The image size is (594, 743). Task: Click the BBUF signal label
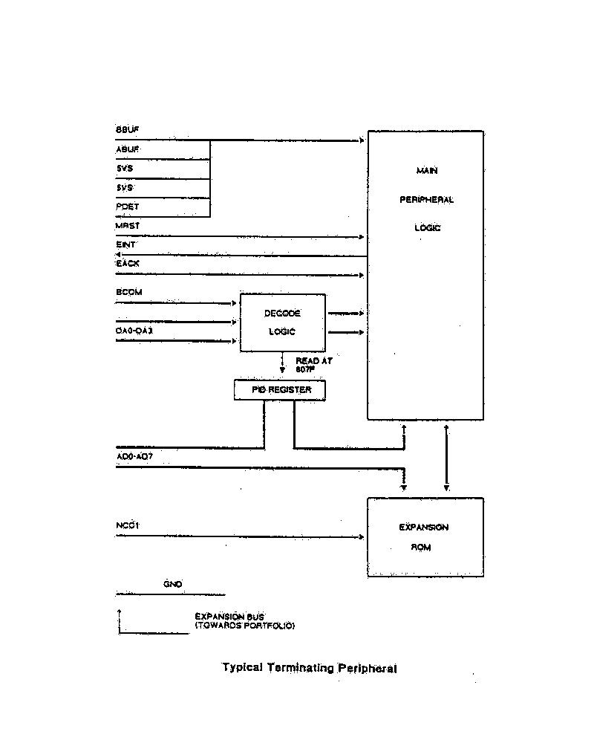click(127, 130)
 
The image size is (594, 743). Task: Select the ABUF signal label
click(127, 149)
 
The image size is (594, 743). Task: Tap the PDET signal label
click(127, 207)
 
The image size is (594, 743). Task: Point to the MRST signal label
click(127, 225)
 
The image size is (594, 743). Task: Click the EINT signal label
click(125, 244)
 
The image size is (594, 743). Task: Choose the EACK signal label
click(127, 263)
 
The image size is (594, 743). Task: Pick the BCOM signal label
click(128, 292)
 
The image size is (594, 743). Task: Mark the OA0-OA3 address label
click(134, 330)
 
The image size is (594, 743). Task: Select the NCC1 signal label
click(128, 526)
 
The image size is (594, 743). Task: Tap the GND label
click(172, 585)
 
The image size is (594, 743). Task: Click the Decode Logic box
click(282, 322)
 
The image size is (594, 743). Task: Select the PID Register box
click(279, 389)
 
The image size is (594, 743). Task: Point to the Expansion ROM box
click(425, 537)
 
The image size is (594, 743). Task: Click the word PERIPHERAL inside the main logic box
click(426, 200)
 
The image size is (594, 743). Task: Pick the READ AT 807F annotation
click(313, 364)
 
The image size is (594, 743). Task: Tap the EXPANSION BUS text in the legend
click(229, 616)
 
